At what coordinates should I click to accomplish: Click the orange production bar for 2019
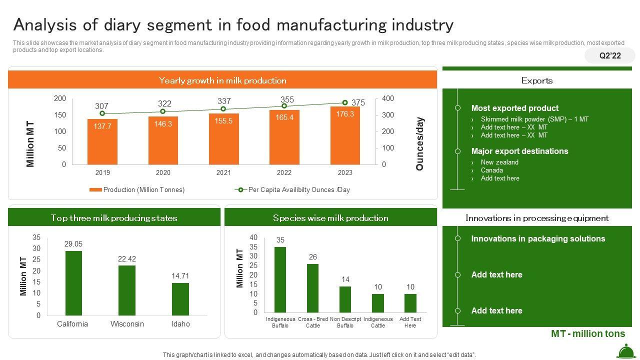click(102, 142)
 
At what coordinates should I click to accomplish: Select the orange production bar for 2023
click(345, 135)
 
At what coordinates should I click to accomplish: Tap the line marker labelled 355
click(284, 106)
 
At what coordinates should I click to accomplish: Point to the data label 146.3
click(163, 124)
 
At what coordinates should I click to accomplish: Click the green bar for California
click(73, 283)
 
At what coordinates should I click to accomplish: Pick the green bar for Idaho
click(180, 299)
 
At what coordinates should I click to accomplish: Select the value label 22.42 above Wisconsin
click(127, 259)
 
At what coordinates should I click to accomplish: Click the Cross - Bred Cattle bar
click(312, 288)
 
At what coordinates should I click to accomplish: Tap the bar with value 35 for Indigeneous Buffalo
click(280, 279)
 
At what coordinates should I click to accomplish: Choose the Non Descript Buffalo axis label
click(345, 322)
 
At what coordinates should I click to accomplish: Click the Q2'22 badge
click(610, 55)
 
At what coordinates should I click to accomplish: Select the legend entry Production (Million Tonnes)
click(137, 190)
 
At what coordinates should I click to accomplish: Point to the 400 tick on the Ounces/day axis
click(388, 98)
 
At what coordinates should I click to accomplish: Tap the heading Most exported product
click(514, 108)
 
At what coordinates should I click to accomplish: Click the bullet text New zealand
click(499, 162)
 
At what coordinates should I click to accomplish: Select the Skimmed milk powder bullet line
click(534, 119)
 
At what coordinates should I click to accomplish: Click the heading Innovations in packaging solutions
click(538, 238)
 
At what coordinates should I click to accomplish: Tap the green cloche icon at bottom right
click(626, 351)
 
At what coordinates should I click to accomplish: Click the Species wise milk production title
click(330, 218)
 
